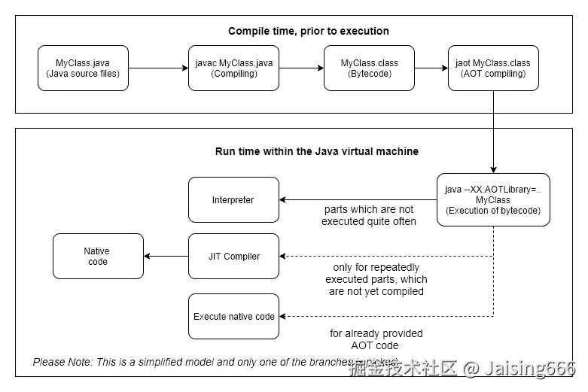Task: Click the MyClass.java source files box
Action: [x=83, y=68]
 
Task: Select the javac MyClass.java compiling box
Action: [x=233, y=68]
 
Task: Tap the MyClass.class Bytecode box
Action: [x=369, y=68]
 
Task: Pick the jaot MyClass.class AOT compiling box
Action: [x=493, y=68]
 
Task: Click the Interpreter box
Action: [x=233, y=200]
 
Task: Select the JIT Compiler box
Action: [x=233, y=257]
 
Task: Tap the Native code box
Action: [x=98, y=257]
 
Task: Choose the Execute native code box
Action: [x=233, y=317]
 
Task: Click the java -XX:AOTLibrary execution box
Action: [x=493, y=200]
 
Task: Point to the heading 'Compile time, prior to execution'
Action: [x=309, y=31]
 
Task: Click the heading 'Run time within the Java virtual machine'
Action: [x=317, y=151]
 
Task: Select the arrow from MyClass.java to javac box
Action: [x=158, y=68]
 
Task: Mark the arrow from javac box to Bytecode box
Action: [x=301, y=68]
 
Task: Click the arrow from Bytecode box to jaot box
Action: [x=431, y=68]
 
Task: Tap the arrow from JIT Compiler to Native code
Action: [x=166, y=257]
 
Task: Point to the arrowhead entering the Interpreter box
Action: [x=283, y=200]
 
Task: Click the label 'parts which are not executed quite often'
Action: [x=368, y=215]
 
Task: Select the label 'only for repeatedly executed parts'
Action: [x=376, y=279]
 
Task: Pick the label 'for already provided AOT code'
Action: [x=376, y=339]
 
